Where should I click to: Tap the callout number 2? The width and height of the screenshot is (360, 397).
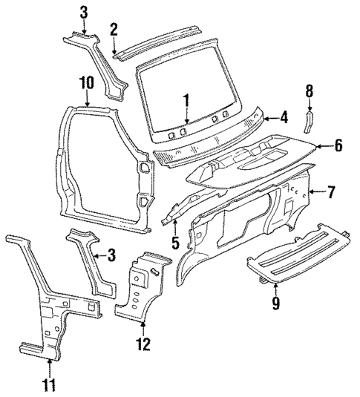click(x=114, y=29)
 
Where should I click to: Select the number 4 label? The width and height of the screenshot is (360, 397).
click(x=284, y=116)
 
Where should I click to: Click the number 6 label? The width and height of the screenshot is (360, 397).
click(x=338, y=146)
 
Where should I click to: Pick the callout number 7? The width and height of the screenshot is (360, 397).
click(x=331, y=193)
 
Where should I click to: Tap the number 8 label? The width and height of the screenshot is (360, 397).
click(x=310, y=91)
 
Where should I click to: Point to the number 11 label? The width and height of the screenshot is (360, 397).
click(x=49, y=384)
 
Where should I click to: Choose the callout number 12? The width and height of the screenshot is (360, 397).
click(x=143, y=344)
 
